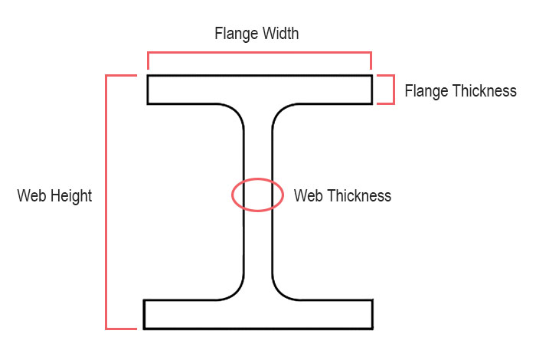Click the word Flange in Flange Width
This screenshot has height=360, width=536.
click(234, 34)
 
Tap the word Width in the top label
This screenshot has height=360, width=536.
click(278, 34)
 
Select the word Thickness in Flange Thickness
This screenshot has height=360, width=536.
click(484, 91)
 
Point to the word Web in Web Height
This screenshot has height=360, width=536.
click(31, 196)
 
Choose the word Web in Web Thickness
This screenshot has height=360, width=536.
click(308, 196)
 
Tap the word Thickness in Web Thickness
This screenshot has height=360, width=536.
click(358, 196)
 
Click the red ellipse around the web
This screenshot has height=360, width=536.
click(233, 195)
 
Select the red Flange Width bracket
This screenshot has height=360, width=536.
click(259, 53)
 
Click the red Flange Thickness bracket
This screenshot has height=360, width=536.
click(393, 90)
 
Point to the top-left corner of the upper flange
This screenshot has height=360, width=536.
click(148, 75)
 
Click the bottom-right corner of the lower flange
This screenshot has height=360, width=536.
click(372, 329)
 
